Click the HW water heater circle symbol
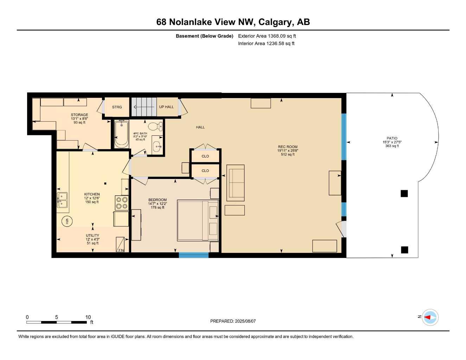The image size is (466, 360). tap(67, 221)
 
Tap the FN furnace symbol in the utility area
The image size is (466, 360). tap(120, 244)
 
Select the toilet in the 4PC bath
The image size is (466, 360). tap(155, 126)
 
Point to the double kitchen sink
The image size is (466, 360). tap(62, 200)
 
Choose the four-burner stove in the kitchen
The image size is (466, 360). tap(122, 203)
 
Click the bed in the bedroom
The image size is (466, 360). tap(197, 220)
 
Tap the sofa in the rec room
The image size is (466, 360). tap(235, 183)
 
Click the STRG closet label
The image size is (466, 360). tap(117, 107)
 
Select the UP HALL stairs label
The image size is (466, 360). tap(166, 107)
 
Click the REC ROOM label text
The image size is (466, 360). tap(288, 147)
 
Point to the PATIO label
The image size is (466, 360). tap(392, 139)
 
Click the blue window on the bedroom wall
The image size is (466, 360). tap(193, 255)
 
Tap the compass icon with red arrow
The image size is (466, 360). tap(430, 317)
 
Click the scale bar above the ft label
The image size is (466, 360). tap(56, 322)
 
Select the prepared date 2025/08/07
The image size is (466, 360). tap(233, 321)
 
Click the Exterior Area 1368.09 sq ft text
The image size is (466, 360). tap(267, 36)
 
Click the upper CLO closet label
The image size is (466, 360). tap(205, 156)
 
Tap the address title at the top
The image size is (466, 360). tap(233, 22)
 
